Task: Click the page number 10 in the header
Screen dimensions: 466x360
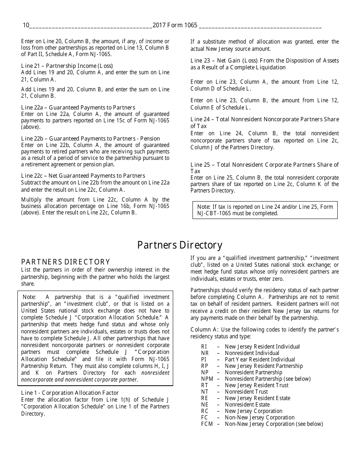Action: pyautogui.click(x=26, y=25)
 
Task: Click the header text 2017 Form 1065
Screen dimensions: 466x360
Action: pyautogui.click(x=175, y=25)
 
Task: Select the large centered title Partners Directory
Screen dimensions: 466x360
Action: pyautogui.click(x=180, y=245)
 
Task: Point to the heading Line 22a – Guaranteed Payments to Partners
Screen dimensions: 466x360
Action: pyautogui.click(x=78, y=108)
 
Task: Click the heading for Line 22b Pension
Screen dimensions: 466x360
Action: pyautogui.click(x=91, y=139)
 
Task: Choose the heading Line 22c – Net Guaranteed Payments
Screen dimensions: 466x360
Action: pyautogui.click(x=83, y=176)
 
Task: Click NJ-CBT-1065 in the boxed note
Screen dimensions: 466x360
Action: pyautogui.click(x=214, y=213)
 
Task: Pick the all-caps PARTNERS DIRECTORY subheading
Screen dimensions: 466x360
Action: pyautogui.click(x=66, y=262)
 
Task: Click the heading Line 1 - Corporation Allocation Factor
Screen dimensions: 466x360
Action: pyautogui.click(x=70, y=393)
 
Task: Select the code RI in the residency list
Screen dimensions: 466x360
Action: pyautogui.click(x=204, y=347)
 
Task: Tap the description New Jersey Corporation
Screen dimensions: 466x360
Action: pyautogui.click(x=254, y=411)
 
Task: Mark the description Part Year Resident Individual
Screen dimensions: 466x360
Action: pyautogui.click(x=260, y=360)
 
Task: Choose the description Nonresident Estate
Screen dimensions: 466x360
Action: pyautogui.click(x=247, y=405)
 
